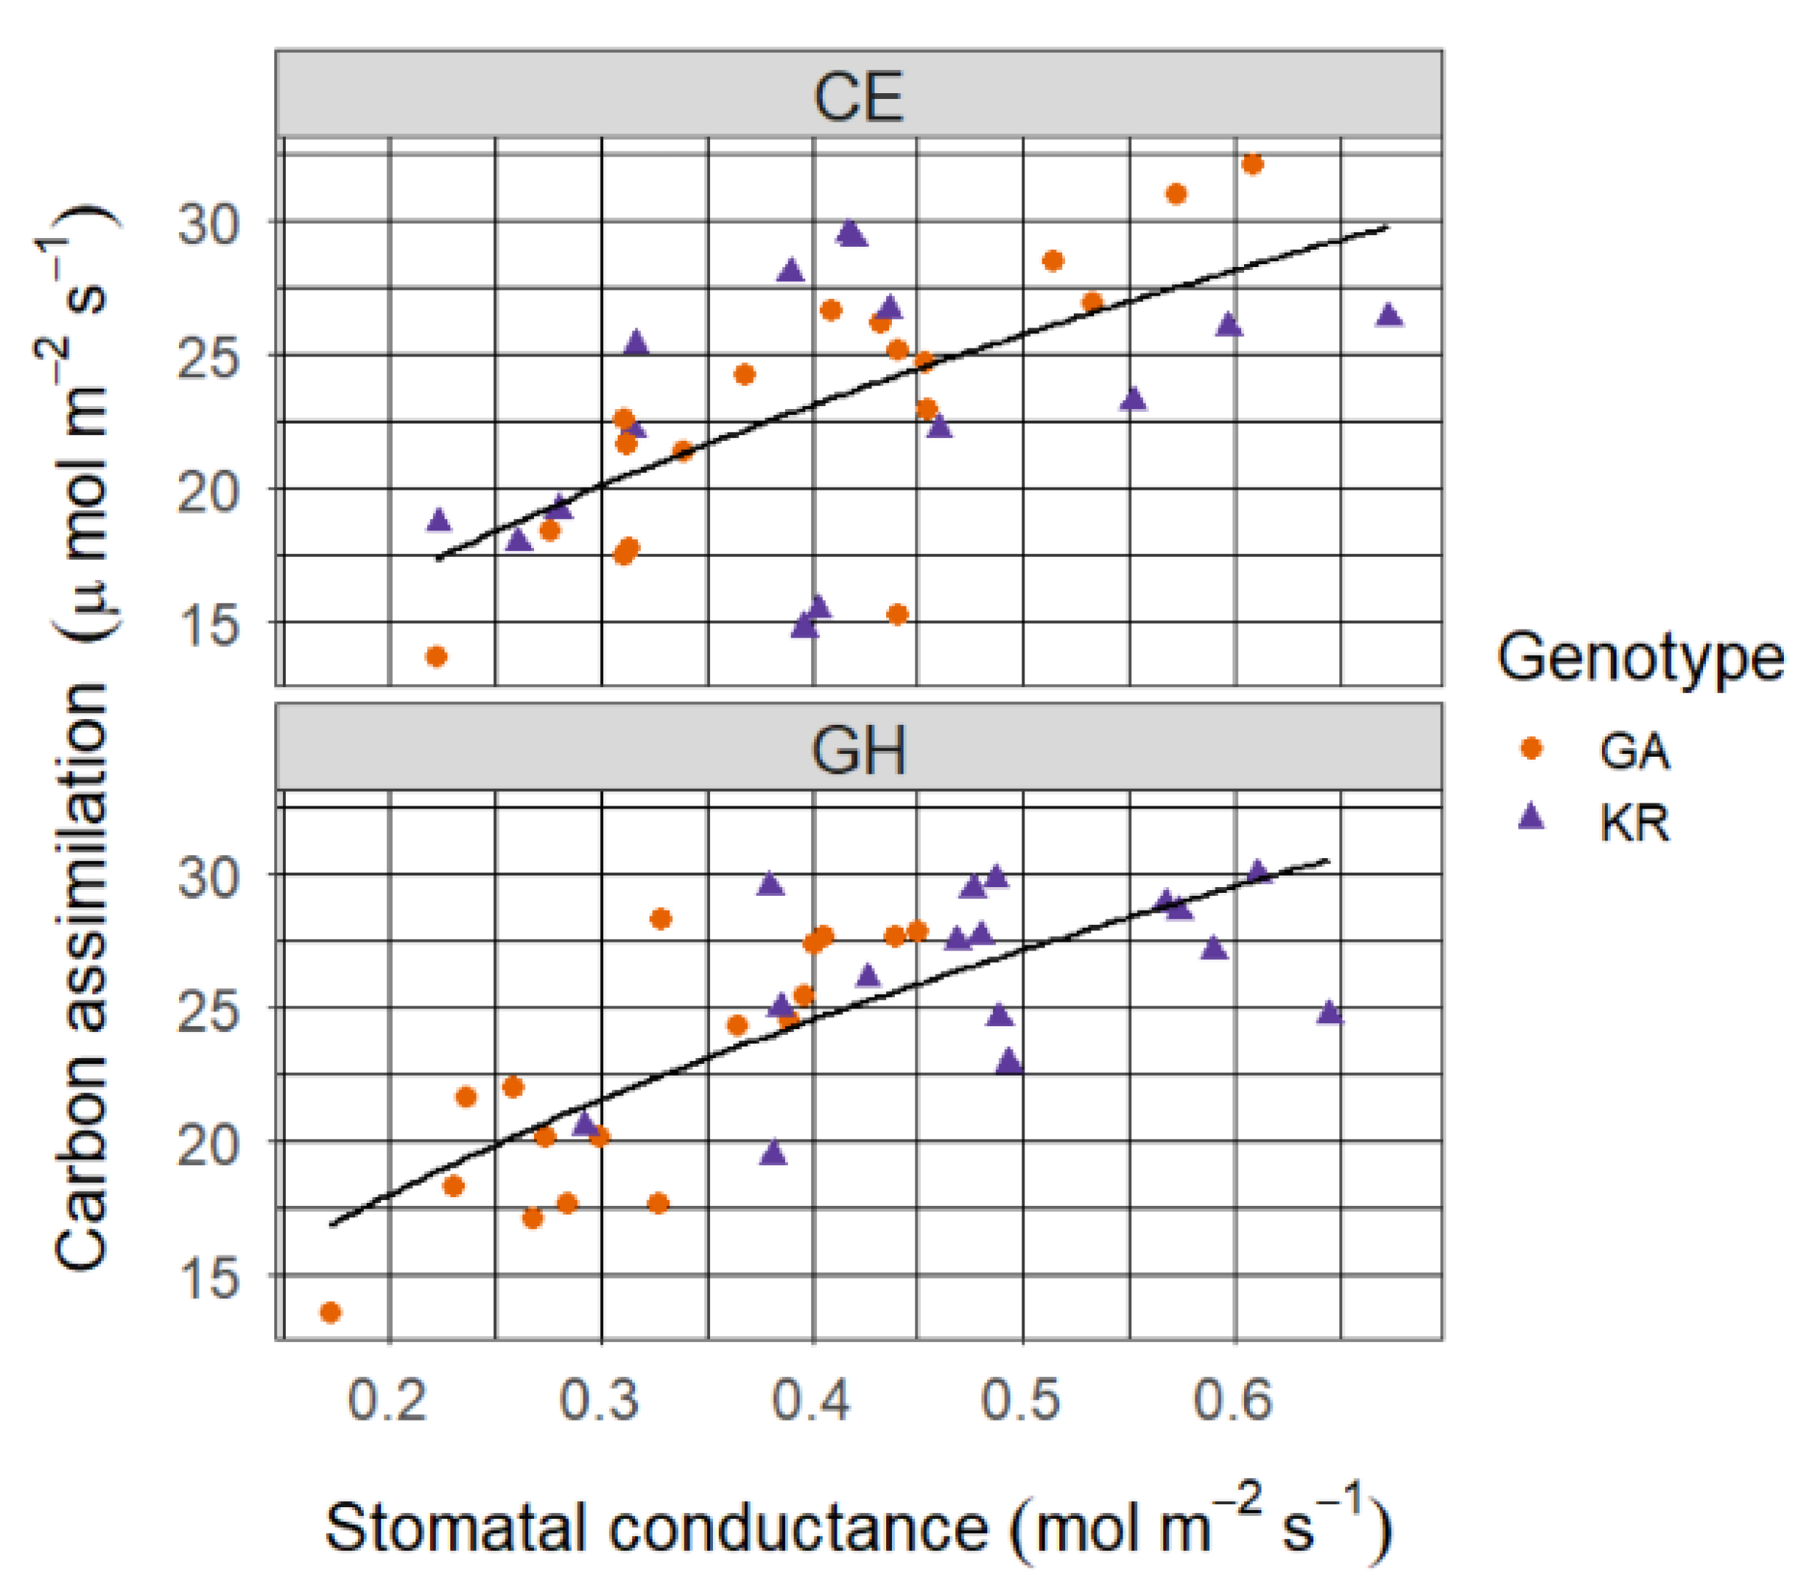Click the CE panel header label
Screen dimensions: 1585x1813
[858, 98]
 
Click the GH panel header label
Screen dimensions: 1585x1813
[858, 750]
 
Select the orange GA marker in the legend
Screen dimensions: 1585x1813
[1531, 748]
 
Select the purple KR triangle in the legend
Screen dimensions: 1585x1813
[1531, 817]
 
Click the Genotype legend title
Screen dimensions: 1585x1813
[1640, 658]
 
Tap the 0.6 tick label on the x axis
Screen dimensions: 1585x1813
[1233, 1400]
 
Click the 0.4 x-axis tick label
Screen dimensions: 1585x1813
[811, 1400]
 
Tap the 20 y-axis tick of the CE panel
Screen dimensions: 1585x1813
[209, 492]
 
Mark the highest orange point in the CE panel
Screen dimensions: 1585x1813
[1252, 164]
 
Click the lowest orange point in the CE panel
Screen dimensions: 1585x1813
[436, 656]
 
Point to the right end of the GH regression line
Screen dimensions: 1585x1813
[1328, 859]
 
